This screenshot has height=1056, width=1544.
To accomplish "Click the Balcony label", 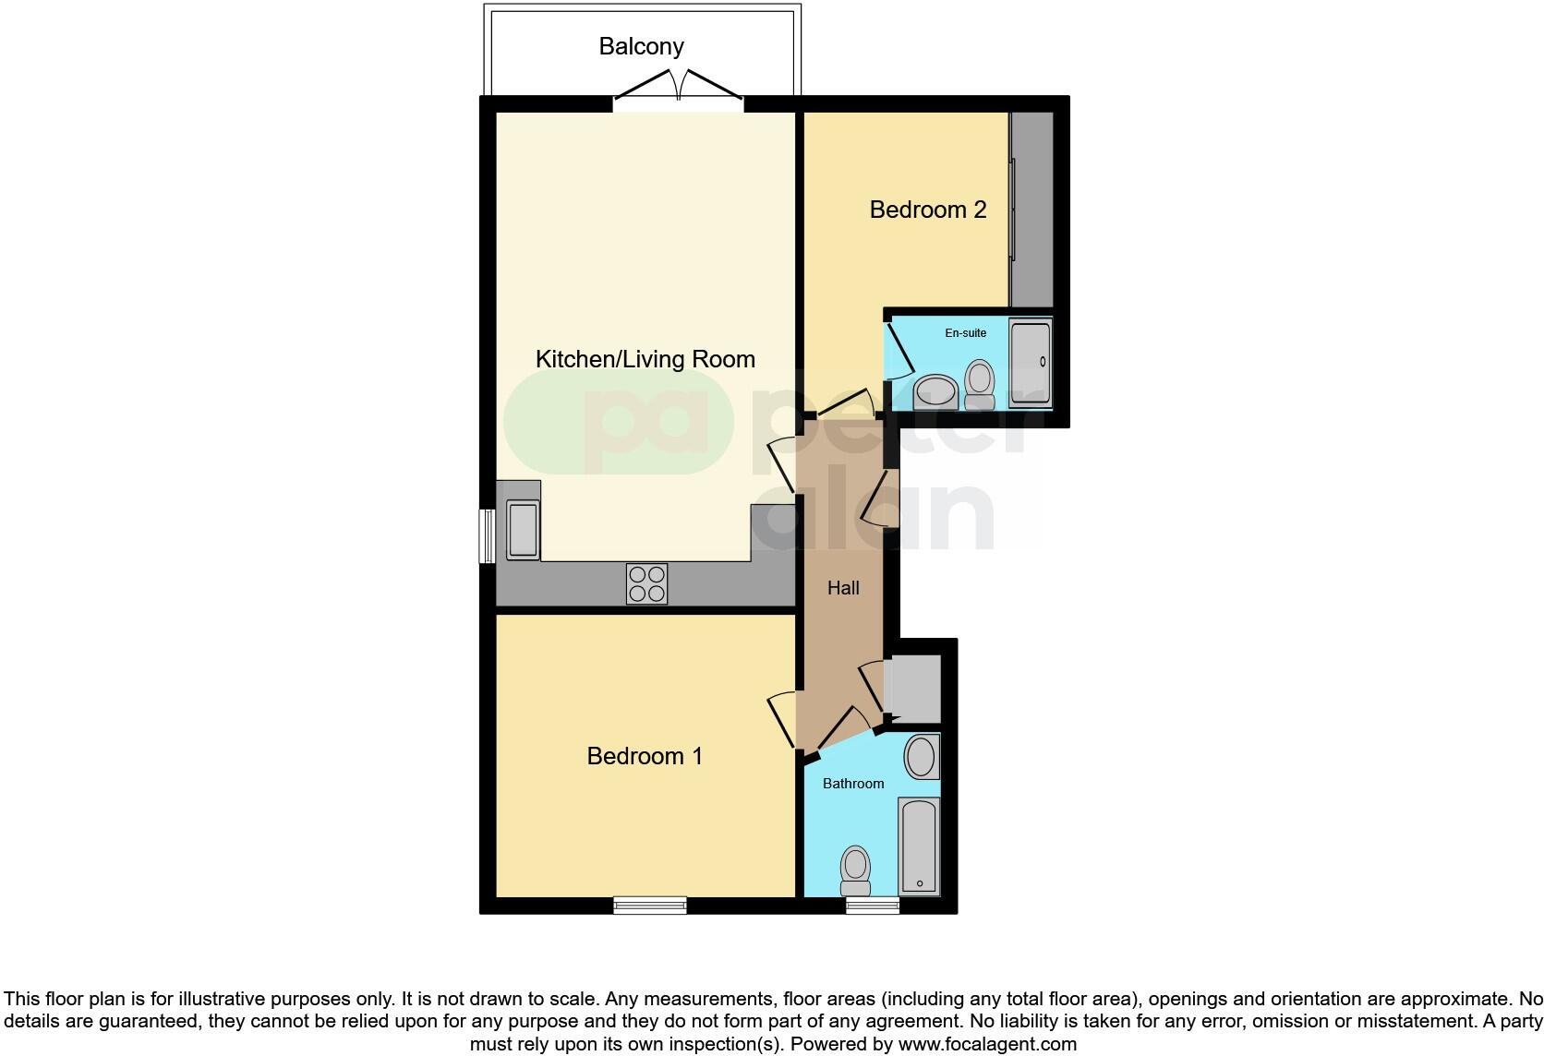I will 641,46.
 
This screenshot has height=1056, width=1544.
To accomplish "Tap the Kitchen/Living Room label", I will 645,359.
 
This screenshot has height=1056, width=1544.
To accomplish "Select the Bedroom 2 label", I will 927,210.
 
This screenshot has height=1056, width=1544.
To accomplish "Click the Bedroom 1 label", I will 645,756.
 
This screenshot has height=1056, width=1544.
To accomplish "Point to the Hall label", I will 843,588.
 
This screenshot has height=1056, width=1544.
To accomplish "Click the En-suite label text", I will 965,333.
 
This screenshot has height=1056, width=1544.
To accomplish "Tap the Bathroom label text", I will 853,784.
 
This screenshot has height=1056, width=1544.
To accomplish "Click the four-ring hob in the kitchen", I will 646,583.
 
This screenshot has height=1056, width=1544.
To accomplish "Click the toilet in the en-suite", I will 978,382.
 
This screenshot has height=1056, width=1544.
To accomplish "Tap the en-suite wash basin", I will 935,391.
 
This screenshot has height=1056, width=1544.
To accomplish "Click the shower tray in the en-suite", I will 1030,364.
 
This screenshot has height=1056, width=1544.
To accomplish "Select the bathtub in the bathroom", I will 919,846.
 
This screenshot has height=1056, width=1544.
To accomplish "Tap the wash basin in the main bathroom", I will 921,757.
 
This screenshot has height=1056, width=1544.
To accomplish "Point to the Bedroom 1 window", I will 650,906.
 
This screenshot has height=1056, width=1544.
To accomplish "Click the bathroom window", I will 873,906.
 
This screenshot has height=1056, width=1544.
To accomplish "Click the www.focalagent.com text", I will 986,1045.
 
